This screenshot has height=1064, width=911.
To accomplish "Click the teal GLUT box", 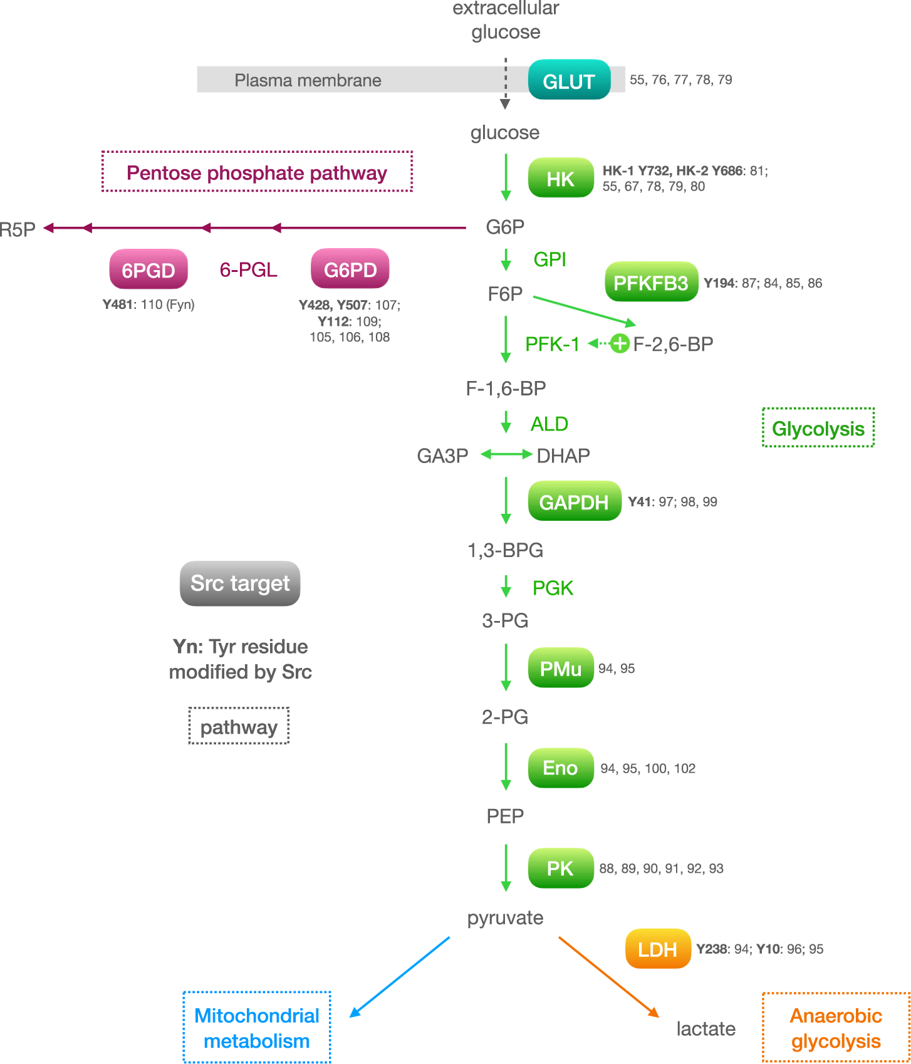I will (569, 80).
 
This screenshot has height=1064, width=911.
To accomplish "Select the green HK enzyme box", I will (561, 179).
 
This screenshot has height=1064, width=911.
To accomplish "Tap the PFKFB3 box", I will (650, 283).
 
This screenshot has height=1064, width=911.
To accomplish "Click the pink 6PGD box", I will (148, 270).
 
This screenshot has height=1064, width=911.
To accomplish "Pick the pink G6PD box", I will (350, 269).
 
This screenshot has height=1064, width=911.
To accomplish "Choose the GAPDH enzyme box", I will (574, 502).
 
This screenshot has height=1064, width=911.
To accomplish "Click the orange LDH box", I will (657, 949).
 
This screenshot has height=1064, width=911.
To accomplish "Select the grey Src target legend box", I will (240, 583).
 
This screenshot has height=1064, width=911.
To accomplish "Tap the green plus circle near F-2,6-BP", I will (620, 343).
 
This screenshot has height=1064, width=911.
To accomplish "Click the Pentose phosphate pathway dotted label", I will (257, 172).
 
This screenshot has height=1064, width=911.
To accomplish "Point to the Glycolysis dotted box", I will (818, 429).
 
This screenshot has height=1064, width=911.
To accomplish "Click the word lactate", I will (705, 1029).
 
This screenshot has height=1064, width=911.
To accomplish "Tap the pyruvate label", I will (505, 918).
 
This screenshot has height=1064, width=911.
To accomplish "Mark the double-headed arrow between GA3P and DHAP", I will (506, 454).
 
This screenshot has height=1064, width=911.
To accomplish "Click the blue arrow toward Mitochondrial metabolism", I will (400, 976).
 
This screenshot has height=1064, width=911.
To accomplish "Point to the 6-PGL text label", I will (248, 270).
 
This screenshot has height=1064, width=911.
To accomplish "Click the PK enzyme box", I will (561, 868).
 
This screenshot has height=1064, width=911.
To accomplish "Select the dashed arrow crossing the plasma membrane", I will (505, 84).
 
